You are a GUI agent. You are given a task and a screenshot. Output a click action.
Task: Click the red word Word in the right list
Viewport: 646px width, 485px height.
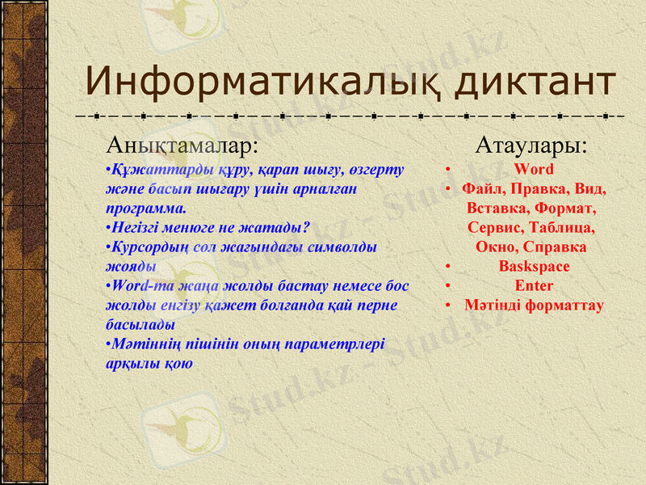point(534,169)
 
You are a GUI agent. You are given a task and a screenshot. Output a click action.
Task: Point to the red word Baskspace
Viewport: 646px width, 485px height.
point(534,266)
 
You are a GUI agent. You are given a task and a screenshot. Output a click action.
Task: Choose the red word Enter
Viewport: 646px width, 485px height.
point(534,285)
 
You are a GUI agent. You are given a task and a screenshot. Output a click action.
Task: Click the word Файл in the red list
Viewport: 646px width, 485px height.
point(484,188)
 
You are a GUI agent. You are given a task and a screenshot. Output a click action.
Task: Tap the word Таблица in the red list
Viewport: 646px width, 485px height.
point(564,227)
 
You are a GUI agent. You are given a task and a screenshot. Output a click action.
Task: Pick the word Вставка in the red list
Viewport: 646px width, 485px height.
point(493,208)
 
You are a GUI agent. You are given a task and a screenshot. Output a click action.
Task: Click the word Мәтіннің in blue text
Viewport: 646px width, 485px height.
point(142,344)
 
